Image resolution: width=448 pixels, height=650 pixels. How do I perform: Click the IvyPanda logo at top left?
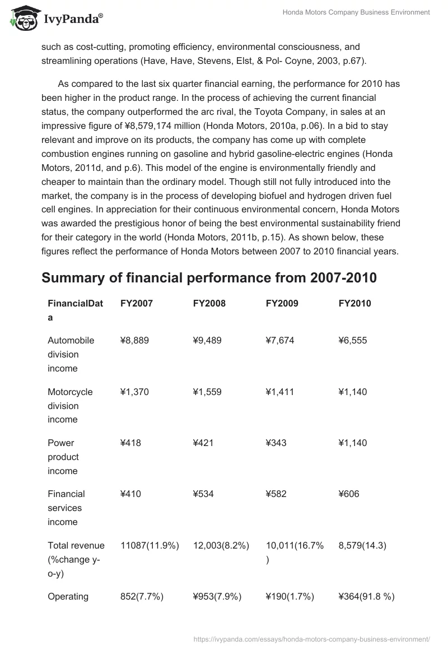tap(56, 20)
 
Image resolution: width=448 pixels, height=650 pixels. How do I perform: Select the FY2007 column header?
tap(136, 303)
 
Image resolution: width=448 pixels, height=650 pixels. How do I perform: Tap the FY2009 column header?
tap(282, 303)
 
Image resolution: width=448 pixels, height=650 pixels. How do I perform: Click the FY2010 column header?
tap(354, 303)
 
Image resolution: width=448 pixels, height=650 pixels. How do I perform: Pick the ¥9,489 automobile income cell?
tap(207, 340)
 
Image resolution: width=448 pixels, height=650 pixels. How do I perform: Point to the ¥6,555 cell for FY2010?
tap(353, 340)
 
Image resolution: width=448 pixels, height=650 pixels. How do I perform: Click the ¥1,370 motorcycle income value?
tap(134, 392)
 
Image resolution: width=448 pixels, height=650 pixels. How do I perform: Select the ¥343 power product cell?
tap(276, 443)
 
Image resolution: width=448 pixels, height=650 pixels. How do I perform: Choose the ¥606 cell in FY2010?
tap(349, 494)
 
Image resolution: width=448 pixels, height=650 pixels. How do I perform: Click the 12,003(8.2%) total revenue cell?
tap(221, 545)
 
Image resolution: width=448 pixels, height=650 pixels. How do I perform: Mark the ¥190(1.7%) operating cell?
tap(290, 596)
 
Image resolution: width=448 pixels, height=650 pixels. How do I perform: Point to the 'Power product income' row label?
tap(63, 457)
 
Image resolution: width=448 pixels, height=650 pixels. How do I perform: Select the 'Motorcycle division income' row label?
tap(70, 406)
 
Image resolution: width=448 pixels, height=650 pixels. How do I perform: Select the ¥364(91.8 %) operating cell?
tap(366, 596)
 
